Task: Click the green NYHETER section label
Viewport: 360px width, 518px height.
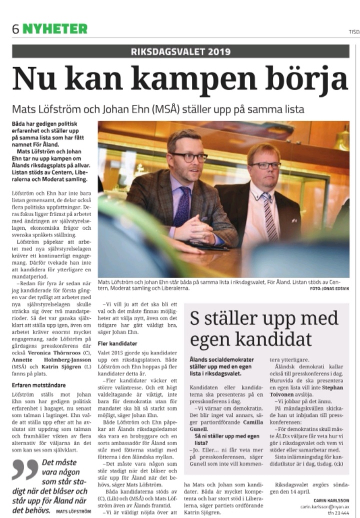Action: click(55, 29)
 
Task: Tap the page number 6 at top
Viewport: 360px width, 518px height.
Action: click(16, 29)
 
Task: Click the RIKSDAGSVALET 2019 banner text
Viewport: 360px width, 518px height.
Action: click(180, 51)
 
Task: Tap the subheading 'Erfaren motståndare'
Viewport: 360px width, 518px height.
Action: click(34, 385)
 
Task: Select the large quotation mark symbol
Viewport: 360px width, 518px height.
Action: click(24, 469)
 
